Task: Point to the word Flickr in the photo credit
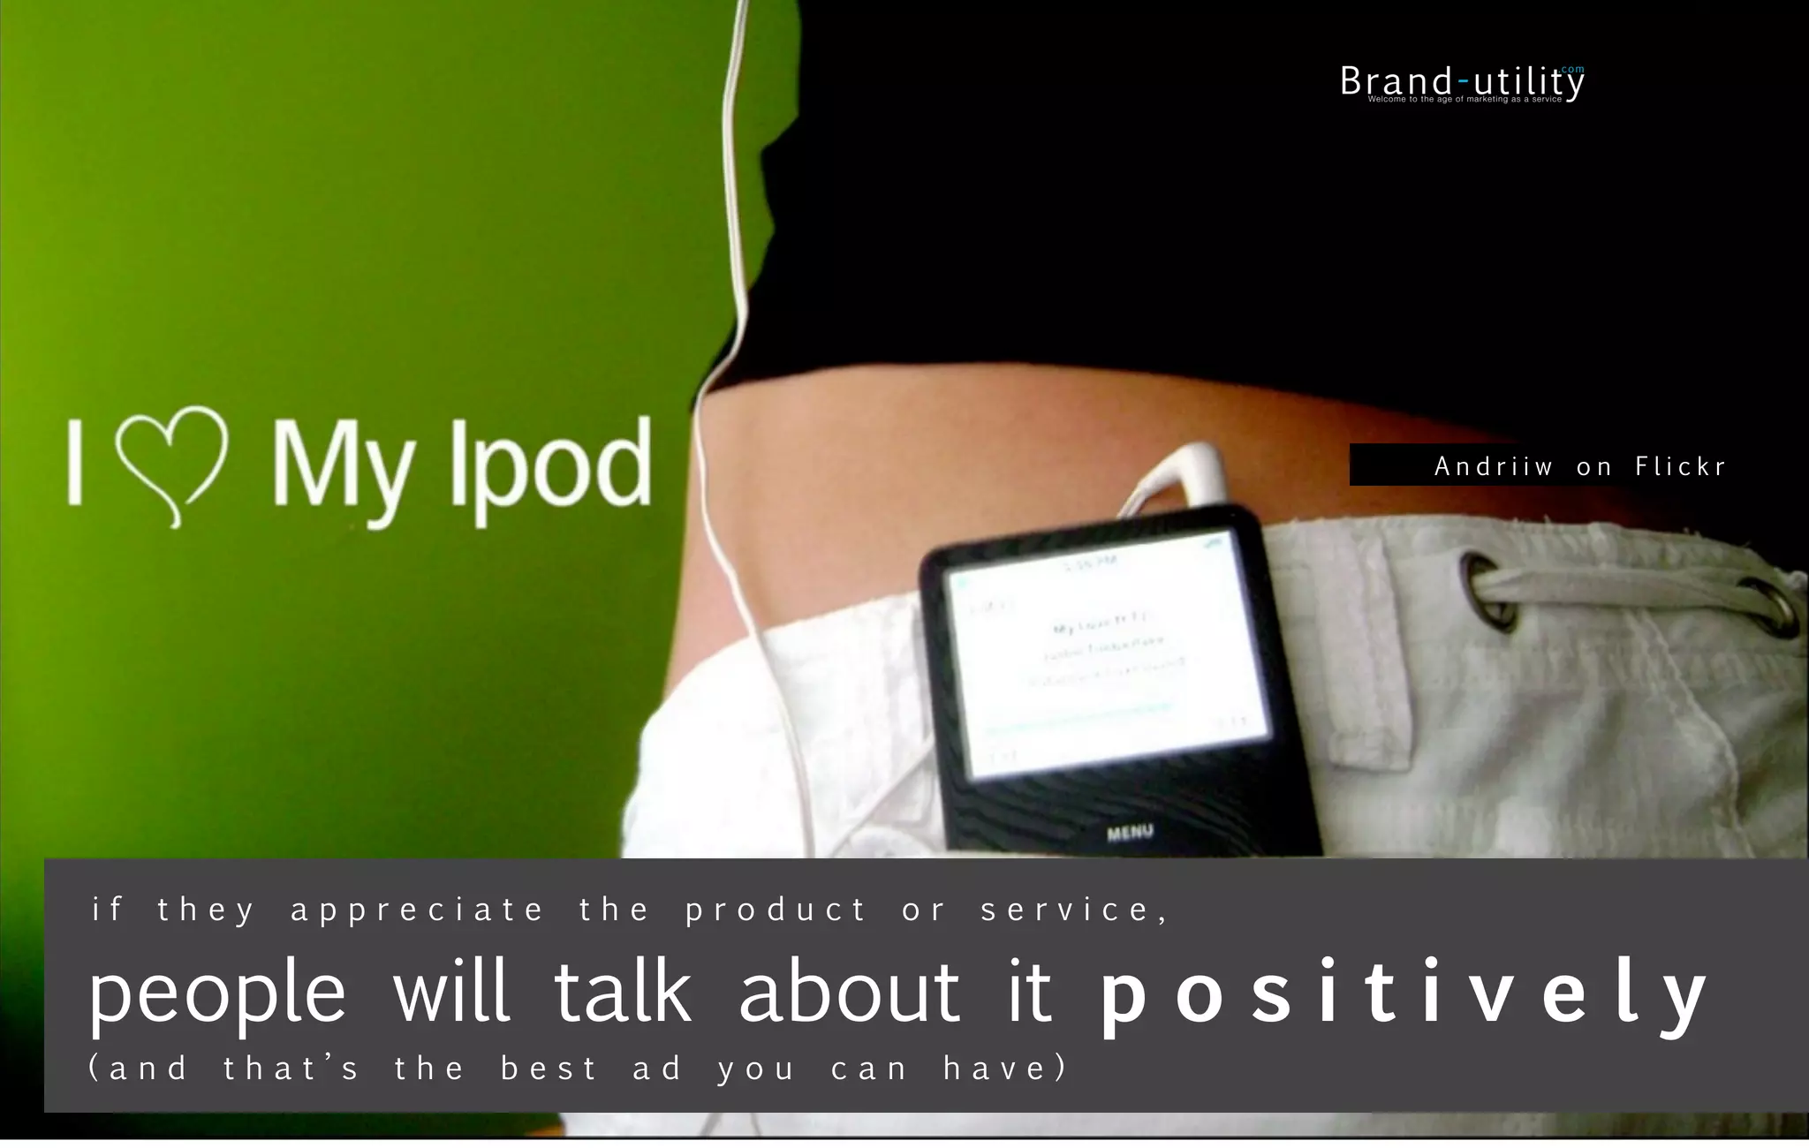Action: pos(1679,466)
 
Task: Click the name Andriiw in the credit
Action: pos(1493,466)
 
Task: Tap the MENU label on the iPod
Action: pos(1130,832)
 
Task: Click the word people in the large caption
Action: pos(217,993)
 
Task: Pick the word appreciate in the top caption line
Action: pos(417,910)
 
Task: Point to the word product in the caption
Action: pos(776,910)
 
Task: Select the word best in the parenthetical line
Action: pos(549,1069)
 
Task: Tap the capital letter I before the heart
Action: pos(76,462)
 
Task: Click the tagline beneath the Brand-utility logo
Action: pos(1465,100)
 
